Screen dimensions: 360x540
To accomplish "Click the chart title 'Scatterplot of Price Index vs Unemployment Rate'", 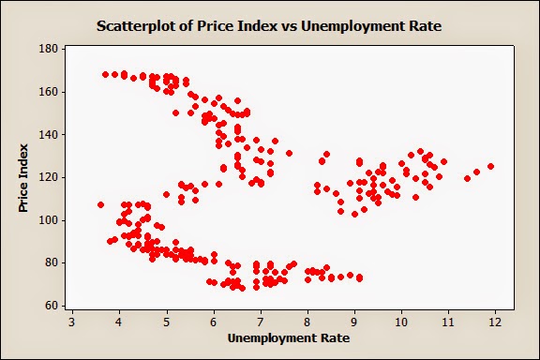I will coord(269,26).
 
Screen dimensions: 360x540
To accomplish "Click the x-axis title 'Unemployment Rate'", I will coord(283,337).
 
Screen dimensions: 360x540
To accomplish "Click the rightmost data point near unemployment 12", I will coord(490,167).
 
